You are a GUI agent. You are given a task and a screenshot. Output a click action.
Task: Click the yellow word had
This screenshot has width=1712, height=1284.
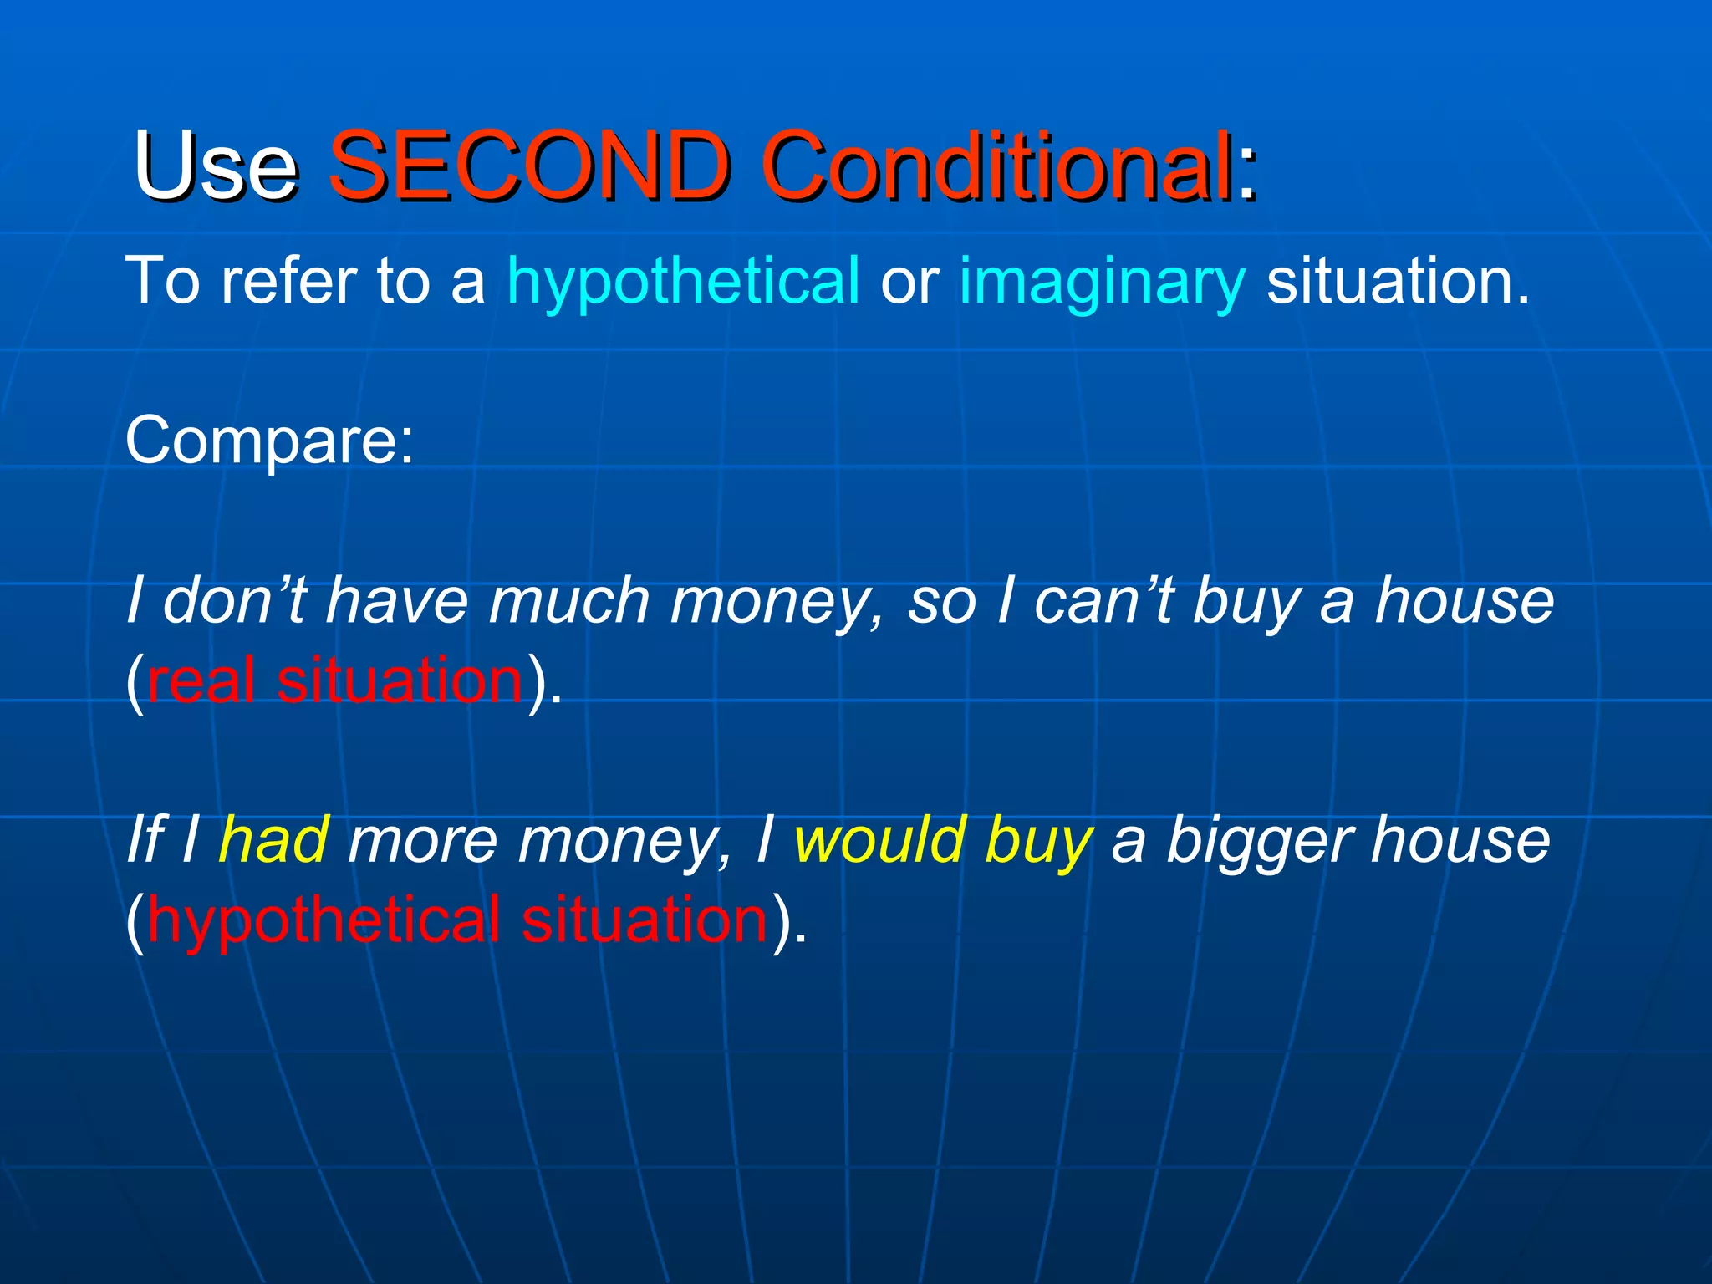click(273, 840)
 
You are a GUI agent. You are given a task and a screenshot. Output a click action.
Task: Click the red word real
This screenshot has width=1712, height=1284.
click(201, 680)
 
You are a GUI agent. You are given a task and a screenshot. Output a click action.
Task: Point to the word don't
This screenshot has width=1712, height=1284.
click(235, 601)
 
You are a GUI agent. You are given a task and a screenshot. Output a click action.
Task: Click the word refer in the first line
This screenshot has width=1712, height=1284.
click(288, 281)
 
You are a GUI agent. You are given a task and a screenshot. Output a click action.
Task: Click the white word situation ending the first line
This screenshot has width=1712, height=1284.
click(1396, 281)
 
